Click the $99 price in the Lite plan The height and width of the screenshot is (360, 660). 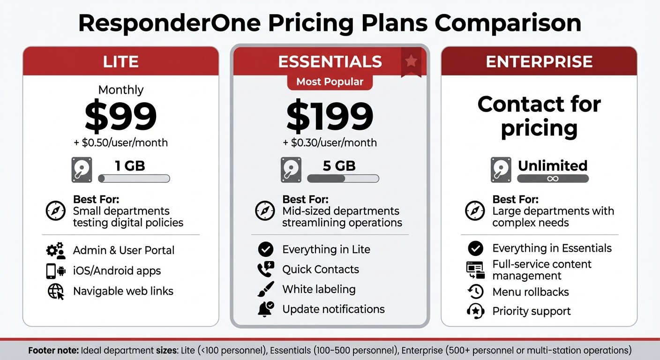[121, 117]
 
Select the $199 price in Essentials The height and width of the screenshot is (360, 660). [330, 117]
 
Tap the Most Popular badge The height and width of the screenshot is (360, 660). [330, 82]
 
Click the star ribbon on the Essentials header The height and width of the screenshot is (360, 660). [411, 61]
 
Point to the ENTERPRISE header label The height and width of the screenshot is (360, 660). [539, 62]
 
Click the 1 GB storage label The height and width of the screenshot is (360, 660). [130, 165]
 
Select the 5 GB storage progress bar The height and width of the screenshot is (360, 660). [343, 179]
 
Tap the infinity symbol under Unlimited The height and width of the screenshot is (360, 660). [553, 179]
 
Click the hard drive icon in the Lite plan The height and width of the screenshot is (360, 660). [82, 170]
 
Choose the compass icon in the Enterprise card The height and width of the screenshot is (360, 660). [475, 210]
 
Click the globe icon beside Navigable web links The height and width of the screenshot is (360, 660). [56, 292]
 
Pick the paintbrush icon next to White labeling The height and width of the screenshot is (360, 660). [266, 289]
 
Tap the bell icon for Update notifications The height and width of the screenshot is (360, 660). [266, 309]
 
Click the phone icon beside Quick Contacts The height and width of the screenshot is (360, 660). [266, 270]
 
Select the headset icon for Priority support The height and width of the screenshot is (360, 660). [475, 311]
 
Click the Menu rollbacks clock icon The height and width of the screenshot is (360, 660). [475, 292]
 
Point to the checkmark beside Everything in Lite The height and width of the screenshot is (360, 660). [266, 249]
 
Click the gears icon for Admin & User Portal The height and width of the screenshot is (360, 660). [56, 250]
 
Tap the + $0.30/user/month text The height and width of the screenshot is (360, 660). [330, 142]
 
